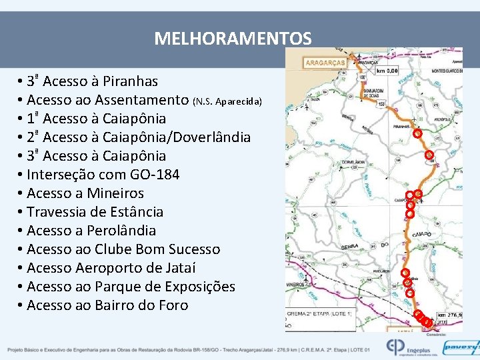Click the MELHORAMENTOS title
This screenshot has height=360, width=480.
pos(233,38)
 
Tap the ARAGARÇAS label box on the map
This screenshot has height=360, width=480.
pos(325,63)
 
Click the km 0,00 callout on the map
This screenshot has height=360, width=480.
pos(387,70)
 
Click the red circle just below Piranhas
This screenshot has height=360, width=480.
pos(417,133)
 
